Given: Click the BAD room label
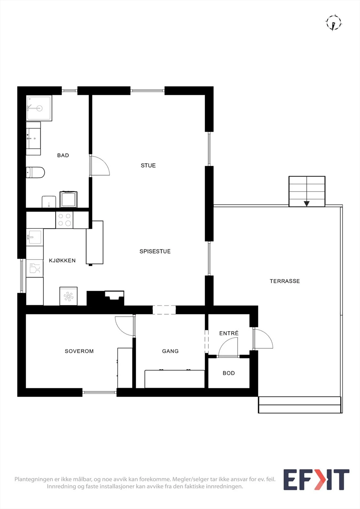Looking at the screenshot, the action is click(63, 156).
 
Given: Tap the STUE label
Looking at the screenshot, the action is click(148, 165).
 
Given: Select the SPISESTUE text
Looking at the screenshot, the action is click(155, 251).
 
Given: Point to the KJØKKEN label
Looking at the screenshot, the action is click(62, 261).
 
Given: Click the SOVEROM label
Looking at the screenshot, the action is click(79, 351).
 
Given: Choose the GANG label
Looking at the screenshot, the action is click(170, 351).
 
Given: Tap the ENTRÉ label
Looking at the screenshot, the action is click(229, 333).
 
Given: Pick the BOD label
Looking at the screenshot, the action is click(229, 373).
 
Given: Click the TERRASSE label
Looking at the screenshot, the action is click(285, 281).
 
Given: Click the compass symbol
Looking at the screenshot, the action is click(334, 23).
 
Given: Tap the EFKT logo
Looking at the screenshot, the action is click(316, 479).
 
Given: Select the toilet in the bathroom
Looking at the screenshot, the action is click(35, 172).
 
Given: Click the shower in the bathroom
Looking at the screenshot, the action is click(39, 108).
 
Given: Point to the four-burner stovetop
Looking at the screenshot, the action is click(64, 220).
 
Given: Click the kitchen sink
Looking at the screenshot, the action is click(35, 237).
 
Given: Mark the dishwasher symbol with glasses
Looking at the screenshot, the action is click(35, 268).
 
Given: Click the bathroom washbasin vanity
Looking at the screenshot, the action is click(33, 138).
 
